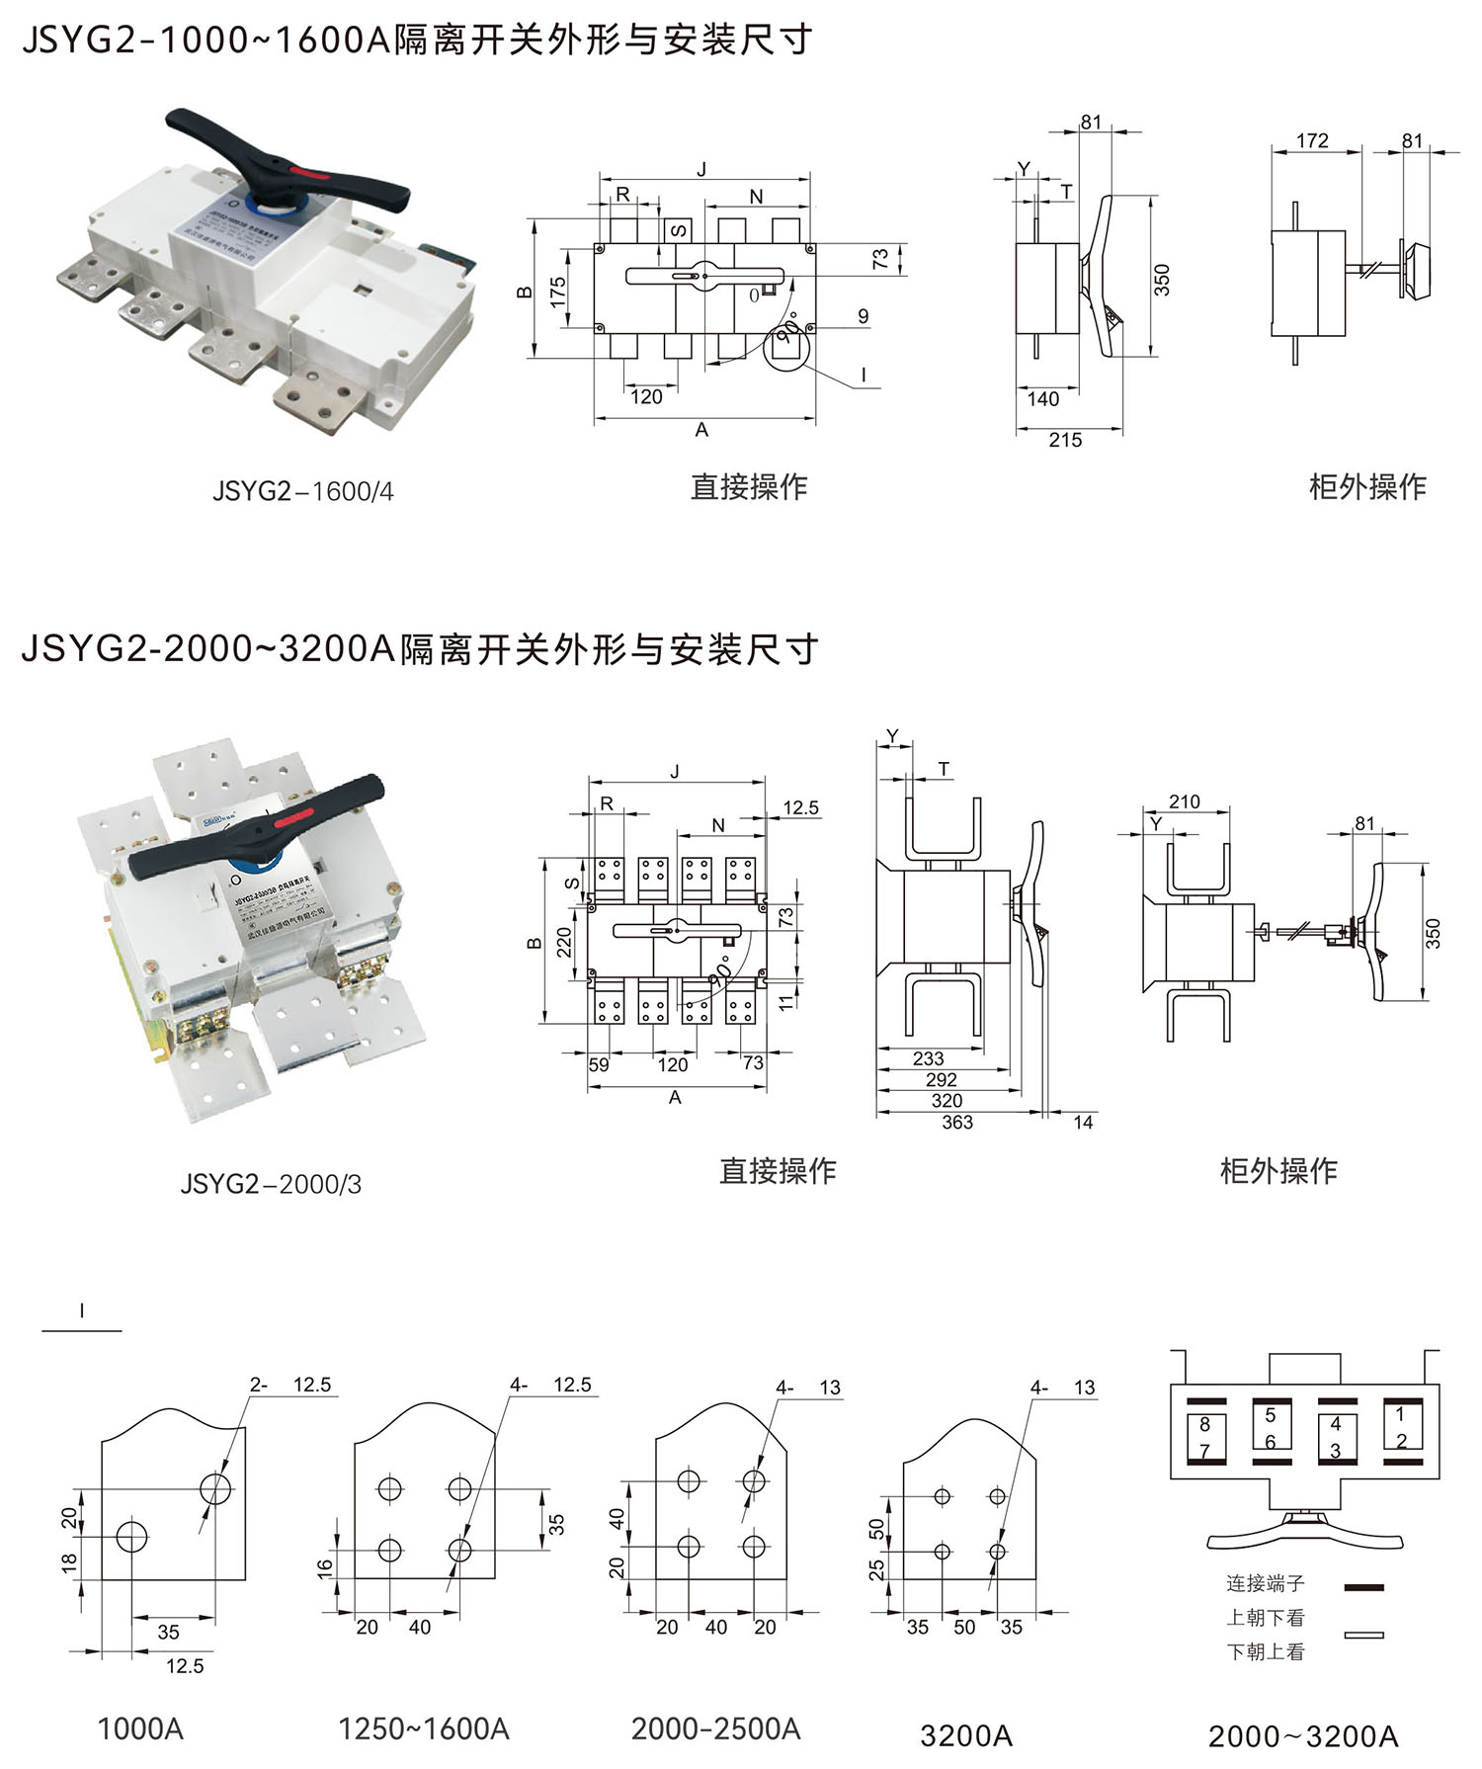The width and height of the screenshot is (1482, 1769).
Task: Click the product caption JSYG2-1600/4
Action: click(x=302, y=491)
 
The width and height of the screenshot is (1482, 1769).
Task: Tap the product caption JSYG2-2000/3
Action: click(x=271, y=1183)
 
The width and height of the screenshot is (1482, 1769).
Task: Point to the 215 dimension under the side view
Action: click(x=1064, y=441)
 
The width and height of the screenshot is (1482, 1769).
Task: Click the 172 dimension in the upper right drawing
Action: click(x=1312, y=141)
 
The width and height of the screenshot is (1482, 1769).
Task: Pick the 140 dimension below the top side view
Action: click(x=1042, y=399)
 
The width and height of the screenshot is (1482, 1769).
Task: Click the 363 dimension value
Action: click(x=956, y=1122)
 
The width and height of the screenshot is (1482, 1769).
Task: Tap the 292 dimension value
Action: click(x=941, y=1079)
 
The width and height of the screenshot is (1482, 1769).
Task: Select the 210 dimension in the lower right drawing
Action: click(x=1184, y=801)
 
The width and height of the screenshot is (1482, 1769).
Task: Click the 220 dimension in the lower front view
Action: click(x=564, y=942)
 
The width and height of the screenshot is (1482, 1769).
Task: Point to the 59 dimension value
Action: click(x=599, y=1064)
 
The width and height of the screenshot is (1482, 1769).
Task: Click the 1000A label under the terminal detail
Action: click(x=140, y=1728)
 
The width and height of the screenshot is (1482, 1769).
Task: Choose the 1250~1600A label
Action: click(x=423, y=1728)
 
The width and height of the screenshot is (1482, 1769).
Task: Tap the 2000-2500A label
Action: click(x=715, y=1728)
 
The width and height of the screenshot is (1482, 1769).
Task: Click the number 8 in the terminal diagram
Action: click(x=1204, y=1425)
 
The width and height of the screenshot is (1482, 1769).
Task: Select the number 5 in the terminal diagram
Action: click(x=1271, y=1415)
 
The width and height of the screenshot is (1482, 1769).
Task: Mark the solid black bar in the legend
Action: click(x=1363, y=1587)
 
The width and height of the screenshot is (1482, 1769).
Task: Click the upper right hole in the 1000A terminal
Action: click(x=215, y=1488)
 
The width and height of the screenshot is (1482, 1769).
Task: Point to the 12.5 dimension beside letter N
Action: click(x=800, y=808)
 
